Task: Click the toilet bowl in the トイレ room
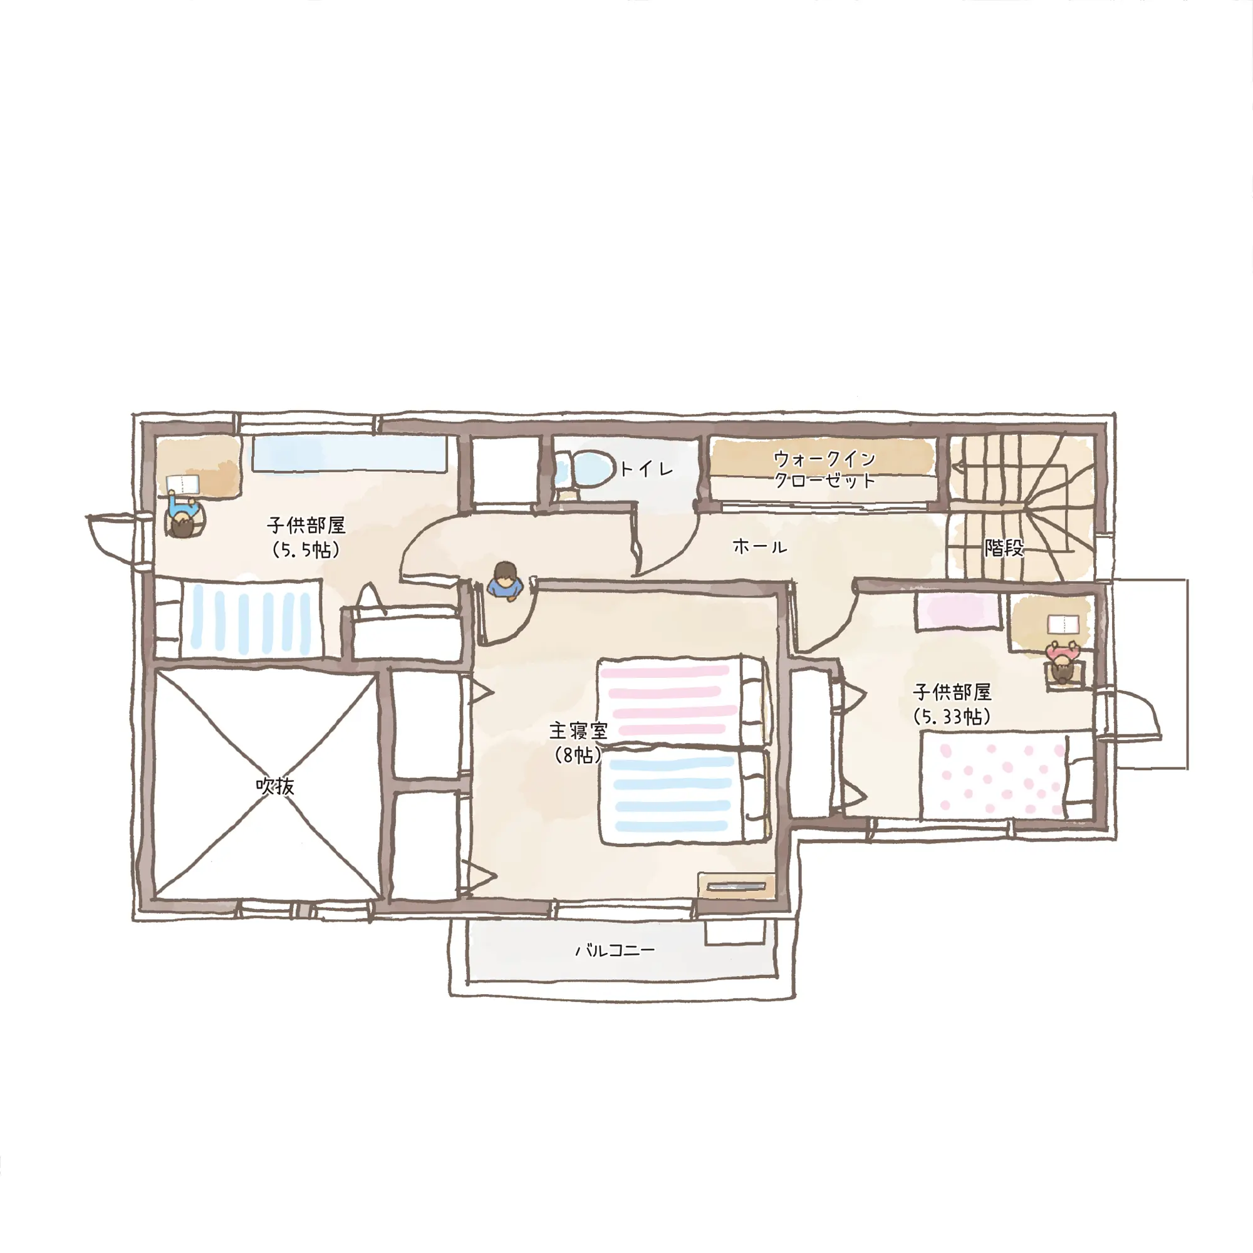click(585, 469)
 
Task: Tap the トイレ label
click(647, 468)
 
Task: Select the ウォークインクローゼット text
click(825, 469)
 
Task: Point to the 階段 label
click(1004, 548)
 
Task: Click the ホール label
click(759, 547)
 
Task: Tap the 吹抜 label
click(275, 787)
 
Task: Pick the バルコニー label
click(615, 951)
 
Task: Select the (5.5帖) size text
click(306, 551)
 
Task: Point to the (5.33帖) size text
click(952, 717)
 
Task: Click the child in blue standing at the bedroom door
click(505, 582)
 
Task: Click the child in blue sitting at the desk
click(184, 515)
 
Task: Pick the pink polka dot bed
click(1006, 774)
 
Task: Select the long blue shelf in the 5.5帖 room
click(350, 454)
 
